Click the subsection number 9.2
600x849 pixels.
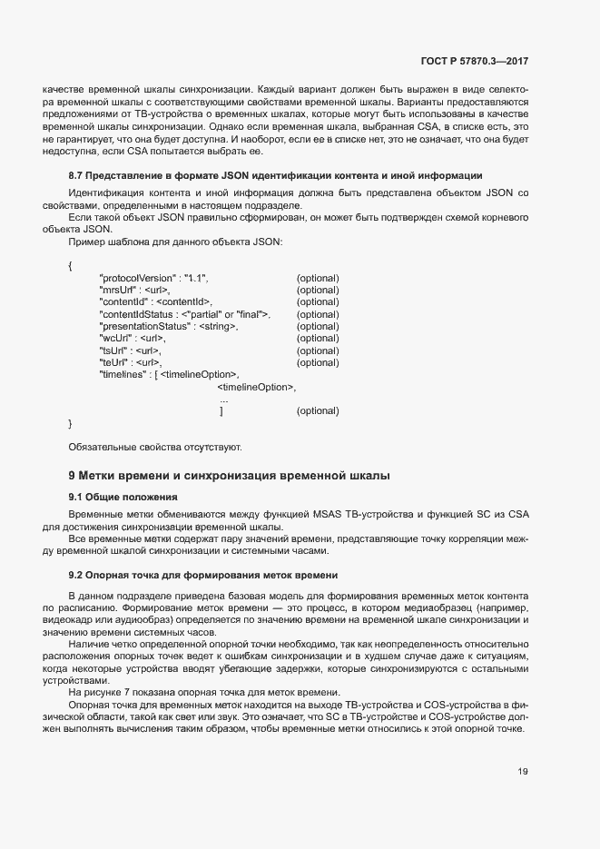[76, 575]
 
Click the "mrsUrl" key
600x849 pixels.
[116, 290]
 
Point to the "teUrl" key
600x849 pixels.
[114, 362]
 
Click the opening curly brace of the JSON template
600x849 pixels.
[70, 265]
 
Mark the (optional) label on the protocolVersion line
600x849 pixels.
[318, 277]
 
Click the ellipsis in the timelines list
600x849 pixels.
[224, 400]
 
